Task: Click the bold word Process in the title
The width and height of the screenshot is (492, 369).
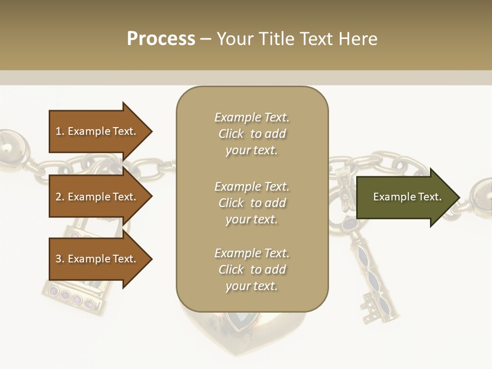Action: (x=161, y=38)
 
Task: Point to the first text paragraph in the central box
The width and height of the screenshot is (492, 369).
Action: (x=252, y=134)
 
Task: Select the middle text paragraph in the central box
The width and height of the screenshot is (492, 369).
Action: (x=252, y=202)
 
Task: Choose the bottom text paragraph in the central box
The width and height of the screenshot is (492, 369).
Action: (x=252, y=270)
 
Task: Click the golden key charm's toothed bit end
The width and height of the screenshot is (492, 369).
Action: (x=374, y=310)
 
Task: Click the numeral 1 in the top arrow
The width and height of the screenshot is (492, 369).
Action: (x=58, y=131)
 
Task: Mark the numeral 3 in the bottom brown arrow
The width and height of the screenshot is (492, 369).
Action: (x=58, y=259)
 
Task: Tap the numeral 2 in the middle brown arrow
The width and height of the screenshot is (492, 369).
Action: (x=58, y=197)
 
